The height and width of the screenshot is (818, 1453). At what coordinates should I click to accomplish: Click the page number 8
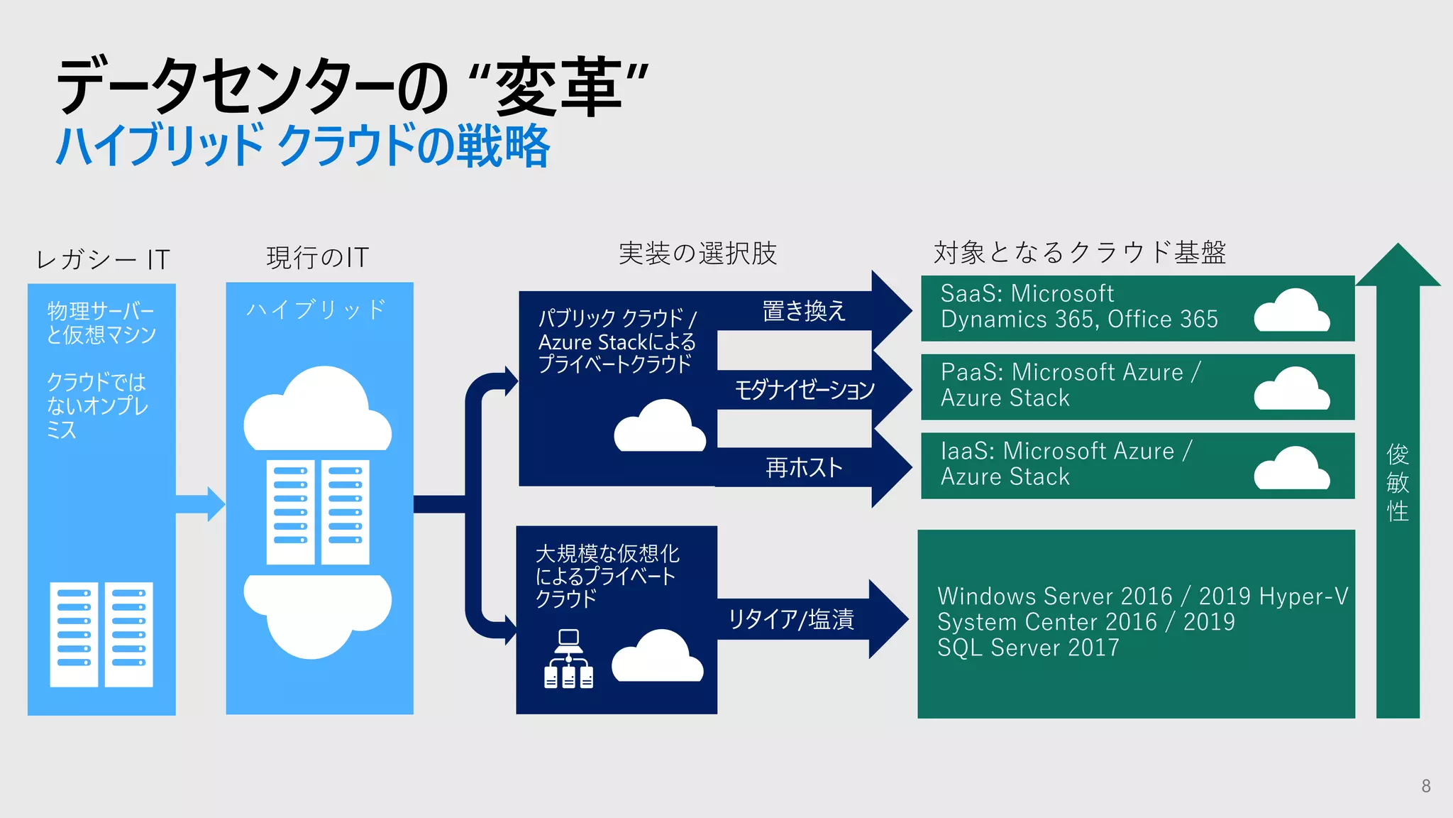pyautogui.click(x=1425, y=786)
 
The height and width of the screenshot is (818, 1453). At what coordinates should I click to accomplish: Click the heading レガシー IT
pyautogui.click(x=103, y=259)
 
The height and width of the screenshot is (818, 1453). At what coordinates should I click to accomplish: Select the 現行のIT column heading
pyautogui.click(x=318, y=257)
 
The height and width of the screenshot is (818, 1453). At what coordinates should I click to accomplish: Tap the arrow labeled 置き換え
pyautogui.click(x=804, y=311)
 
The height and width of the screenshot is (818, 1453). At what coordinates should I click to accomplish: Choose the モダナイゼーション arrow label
pyautogui.click(x=804, y=389)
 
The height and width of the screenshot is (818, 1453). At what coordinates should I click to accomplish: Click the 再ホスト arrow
pyautogui.click(x=804, y=467)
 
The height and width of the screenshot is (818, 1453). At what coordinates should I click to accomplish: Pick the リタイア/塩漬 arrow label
pyautogui.click(x=791, y=619)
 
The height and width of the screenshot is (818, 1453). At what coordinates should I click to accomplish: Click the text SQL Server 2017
pyautogui.click(x=1028, y=648)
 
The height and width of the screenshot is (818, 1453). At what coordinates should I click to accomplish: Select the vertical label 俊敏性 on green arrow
pyautogui.click(x=1397, y=483)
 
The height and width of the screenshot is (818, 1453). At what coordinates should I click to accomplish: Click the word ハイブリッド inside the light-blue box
pyautogui.click(x=316, y=310)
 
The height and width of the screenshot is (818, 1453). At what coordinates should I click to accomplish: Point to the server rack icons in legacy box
pyautogui.click(x=101, y=634)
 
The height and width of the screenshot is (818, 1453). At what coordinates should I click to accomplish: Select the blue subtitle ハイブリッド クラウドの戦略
pyautogui.click(x=303, y=146)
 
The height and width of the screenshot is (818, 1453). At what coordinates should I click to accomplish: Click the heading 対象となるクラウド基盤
pyautogui.click(x=1079, y=253)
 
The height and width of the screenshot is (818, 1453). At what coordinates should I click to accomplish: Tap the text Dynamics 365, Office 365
pyautogui.click(x=1078, y=320)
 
